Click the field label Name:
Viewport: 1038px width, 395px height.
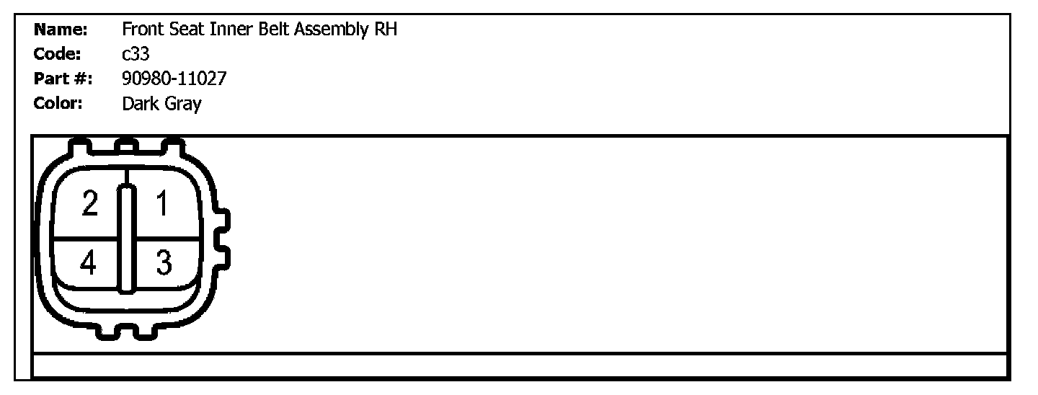coord(61,30)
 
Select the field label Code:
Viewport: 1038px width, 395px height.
coord(58,55)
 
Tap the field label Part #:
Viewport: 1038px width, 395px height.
coord(63,79)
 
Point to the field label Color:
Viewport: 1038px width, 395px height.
coord(59,104)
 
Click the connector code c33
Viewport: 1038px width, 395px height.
coord(136,55)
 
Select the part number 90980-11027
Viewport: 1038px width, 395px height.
coord(174,79)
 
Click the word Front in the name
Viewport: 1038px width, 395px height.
coord(143,30)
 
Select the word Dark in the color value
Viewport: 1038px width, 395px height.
coord(139,104)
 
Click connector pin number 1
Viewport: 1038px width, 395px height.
coord(162,204)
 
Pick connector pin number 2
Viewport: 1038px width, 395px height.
coord(89,204)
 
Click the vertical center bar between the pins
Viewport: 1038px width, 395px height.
coord(127,238)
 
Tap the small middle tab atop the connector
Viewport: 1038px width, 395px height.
coord(126,146)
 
